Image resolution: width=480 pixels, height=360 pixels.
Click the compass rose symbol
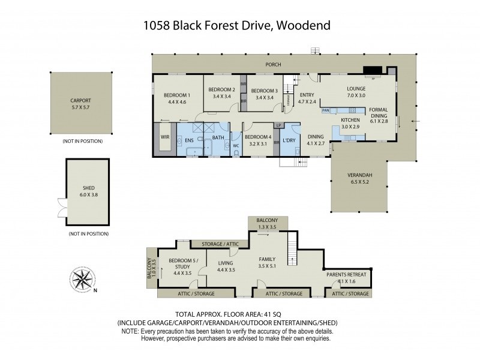tap(83, 280)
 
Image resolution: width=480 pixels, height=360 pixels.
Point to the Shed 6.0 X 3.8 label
tap(88, 191)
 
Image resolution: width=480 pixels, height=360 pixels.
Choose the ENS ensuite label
tap(189, 140)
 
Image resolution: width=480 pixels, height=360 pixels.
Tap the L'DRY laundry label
tap(289, 140)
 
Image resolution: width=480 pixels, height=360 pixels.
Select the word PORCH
tap(273, 65)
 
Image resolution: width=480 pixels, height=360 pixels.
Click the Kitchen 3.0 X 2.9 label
tap(350, 123)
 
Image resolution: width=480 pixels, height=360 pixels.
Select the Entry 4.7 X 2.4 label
tap(307, 98)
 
